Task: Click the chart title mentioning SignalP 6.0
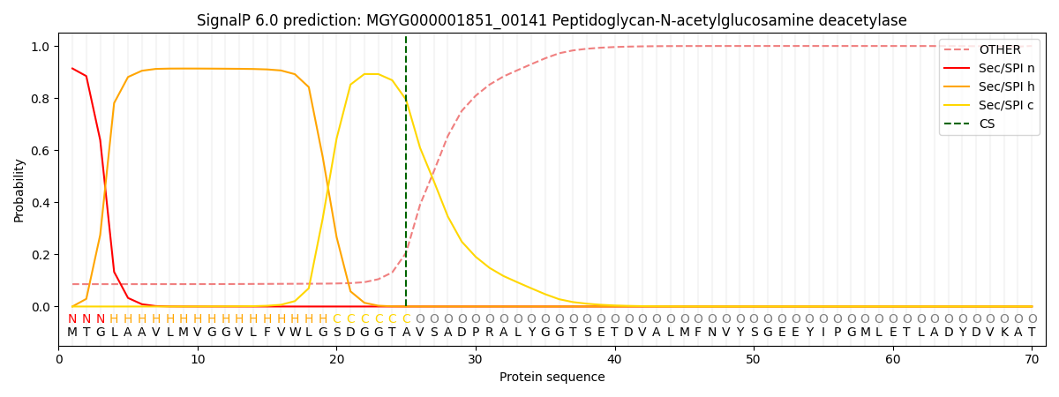click(x=552, y=20)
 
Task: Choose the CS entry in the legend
click(x=987, y=124)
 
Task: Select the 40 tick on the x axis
click(x=614, y=359)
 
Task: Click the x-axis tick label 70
click(x=1032, y=359)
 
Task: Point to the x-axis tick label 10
click(x=198, y=359)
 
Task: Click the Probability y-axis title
click(x=19, y=191)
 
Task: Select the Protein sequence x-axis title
click(x=552, y=378)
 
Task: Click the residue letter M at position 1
click(x=72, y=333)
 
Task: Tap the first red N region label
click(x=72, y=319)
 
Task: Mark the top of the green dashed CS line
click(x=406, y=37)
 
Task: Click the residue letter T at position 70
click(x=1032, y=333)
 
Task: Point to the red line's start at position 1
click(x=72, y=68)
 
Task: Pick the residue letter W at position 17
click(x=295, y=333)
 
